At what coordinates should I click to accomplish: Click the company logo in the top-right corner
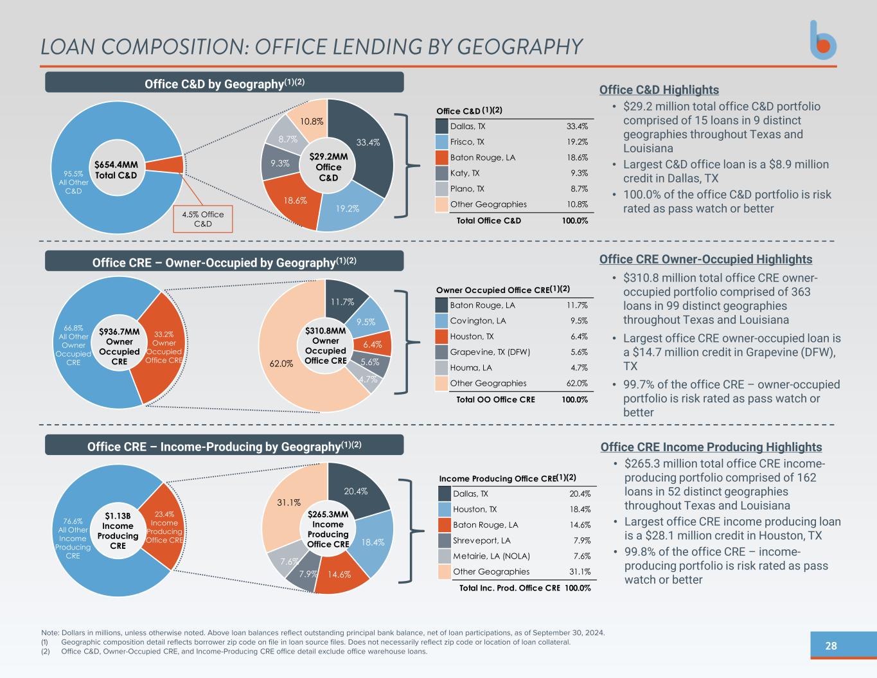pos(822,40)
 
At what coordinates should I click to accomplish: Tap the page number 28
pos(831,646)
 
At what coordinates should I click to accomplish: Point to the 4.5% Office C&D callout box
pos(203,219)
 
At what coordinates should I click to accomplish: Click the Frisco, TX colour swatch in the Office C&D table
pos(441,142)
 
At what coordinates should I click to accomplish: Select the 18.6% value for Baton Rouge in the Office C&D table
pos(577,157)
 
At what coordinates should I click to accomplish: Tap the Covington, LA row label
pos(477,321)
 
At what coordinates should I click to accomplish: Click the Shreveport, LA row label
pos(482,540)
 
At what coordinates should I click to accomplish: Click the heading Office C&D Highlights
pos(659,90)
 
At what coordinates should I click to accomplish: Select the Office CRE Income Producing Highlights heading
pos(711,447)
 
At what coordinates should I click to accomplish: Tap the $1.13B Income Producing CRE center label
pos(118,530)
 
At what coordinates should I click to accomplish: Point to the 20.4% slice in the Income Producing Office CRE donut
pos(357,491)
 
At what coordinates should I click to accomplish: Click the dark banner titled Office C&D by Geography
pos(224,82)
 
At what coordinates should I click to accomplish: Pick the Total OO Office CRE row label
pos(495,399)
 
